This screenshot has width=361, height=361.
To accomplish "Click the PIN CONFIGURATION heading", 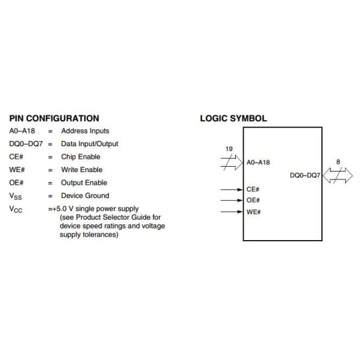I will [x=54, y=119].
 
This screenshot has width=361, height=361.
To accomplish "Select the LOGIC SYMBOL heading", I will [x=233, y=119].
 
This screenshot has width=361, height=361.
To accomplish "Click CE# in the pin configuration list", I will [x=16, y=157].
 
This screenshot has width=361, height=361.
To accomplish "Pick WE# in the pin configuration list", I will [x=17, y=170].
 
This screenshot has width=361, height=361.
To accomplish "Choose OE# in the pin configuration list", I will [x=17, y=183].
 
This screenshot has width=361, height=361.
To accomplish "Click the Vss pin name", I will [x=17, y=196].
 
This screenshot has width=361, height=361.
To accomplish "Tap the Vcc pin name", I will [x=17, y=209].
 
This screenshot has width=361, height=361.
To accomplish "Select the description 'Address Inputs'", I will [x=85, y=131].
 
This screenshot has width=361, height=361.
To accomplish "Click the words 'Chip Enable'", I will [x=81, y=157].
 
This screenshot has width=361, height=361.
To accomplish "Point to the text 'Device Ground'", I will [x=85, y=196].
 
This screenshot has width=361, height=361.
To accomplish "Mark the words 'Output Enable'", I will [x=84, y=183].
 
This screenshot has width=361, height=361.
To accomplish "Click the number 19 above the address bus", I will [x=229, y=149].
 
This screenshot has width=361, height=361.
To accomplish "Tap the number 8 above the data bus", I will [x=338, y=162].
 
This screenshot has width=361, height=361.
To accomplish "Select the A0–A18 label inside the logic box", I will [x=258, y=162].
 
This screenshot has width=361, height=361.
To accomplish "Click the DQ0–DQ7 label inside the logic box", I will [x=305, y=176].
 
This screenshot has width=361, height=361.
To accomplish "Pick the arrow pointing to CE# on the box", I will [x=232, y=190].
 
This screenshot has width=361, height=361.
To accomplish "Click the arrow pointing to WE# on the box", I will [x=232, y=211].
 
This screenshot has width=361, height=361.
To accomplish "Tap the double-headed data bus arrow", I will [x=338, y=176].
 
